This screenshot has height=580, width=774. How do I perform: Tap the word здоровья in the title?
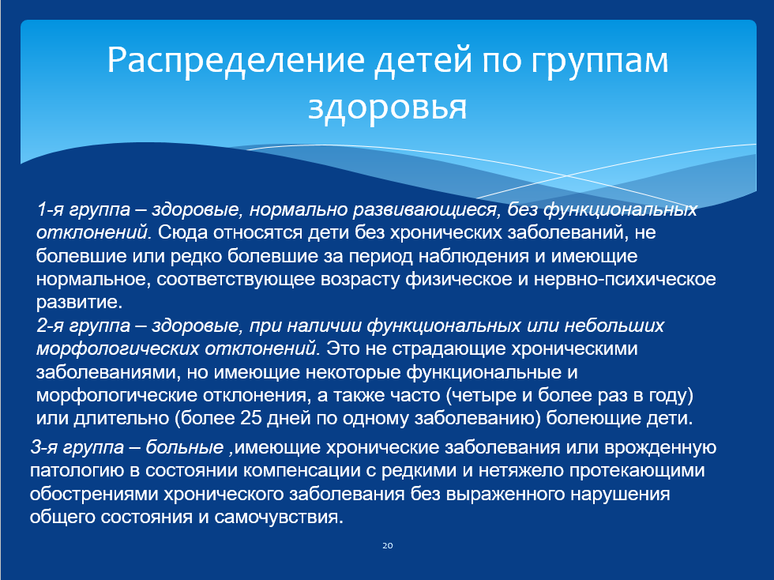click(388, 107)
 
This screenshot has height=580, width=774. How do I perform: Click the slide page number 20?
click(388, 545)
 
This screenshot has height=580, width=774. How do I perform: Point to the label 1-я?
click(51, 209)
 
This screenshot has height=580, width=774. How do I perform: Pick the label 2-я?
click(51, 326)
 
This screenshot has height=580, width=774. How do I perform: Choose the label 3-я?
click(44, 447)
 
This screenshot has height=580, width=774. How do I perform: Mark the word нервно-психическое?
click(625, 280)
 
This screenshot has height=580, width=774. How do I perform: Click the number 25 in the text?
click(251, 419)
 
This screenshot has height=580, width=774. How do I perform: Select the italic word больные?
click(185, 447)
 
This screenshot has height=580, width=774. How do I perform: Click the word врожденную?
click(660, 448)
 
